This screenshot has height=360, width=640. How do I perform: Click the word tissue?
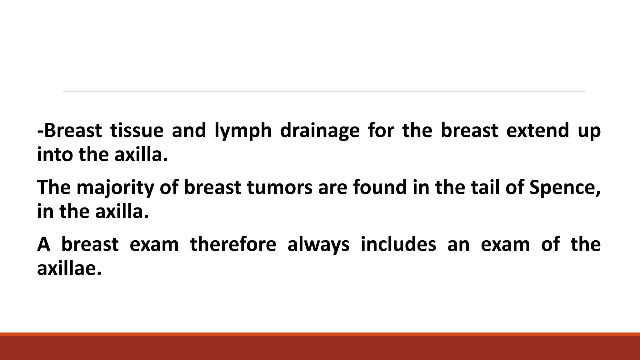click(x=137, y=131)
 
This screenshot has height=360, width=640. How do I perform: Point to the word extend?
click(x=537, y=131)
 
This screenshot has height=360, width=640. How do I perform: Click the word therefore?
click(x=233, y=244)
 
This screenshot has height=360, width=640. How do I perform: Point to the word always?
click(x=318, y=245)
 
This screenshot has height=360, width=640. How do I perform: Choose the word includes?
click(x=398, y=244)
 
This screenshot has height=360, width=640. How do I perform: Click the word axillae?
click(x=69, y=268)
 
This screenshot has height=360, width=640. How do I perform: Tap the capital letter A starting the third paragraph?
click(x=43, y=244)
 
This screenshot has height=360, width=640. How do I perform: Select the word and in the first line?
click(x=189, y=131)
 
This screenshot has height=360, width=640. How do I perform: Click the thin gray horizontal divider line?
click(x=324, y=91)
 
